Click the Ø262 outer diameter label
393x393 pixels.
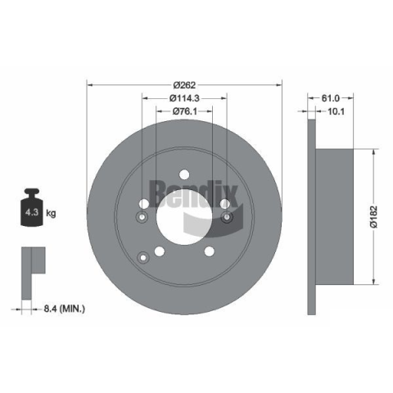(184, 85)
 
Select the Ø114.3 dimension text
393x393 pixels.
(184, 98)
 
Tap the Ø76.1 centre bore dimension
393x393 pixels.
(185, 111)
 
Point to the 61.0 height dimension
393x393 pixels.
(331, 98)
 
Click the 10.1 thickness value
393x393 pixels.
(336, 111)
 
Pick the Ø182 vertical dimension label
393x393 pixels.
(373, 217)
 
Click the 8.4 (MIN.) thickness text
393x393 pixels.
(65, 309)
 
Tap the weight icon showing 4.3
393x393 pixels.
(32, 208)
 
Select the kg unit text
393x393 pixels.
(51, 213)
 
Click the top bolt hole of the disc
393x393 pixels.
(184, 174)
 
